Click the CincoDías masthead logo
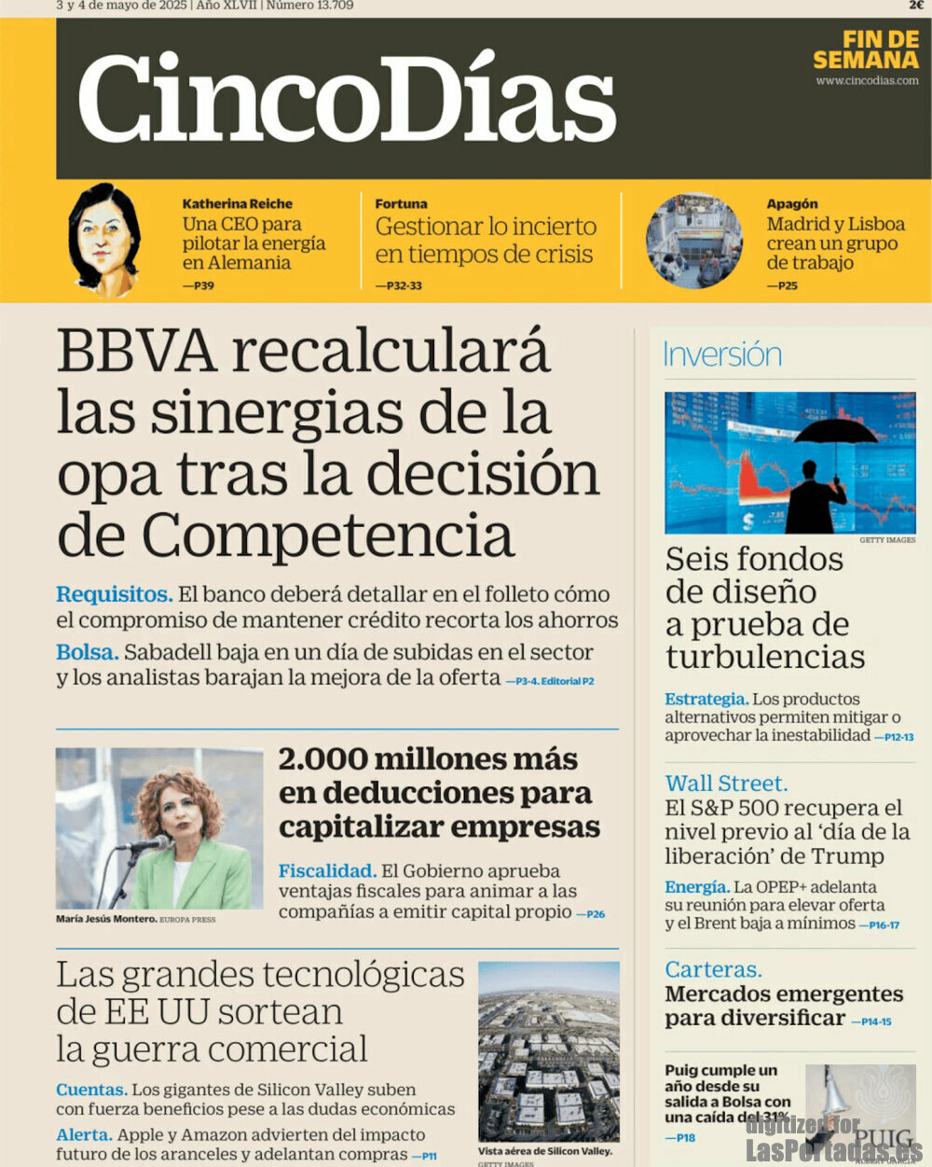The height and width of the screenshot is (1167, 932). click(347, 98)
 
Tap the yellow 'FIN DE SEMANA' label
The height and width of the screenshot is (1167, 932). click(866, 50)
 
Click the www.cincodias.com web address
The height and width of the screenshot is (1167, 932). click(867, 81)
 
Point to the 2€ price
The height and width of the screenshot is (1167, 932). click(916, 5)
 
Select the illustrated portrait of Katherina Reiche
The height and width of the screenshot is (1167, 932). click(104, 239)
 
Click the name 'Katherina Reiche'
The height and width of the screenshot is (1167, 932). click(237, 203)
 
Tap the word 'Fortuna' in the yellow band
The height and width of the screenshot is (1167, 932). click(401, 203)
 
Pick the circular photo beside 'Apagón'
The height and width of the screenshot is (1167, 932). click(694, 241)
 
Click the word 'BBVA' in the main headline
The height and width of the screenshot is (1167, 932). click(136, 353)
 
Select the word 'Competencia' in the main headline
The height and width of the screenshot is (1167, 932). click(328, 536)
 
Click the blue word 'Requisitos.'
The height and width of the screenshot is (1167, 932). click(114, 594)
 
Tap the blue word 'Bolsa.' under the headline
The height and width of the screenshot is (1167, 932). click(87, 652)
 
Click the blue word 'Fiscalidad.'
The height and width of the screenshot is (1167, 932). click(327, 871)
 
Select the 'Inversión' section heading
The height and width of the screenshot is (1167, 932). click(721, 355)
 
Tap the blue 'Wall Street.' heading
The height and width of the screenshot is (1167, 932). click(726, 784)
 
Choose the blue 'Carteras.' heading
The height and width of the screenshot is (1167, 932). click(713, 969)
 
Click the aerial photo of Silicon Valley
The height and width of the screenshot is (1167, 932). click(548, 1052)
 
